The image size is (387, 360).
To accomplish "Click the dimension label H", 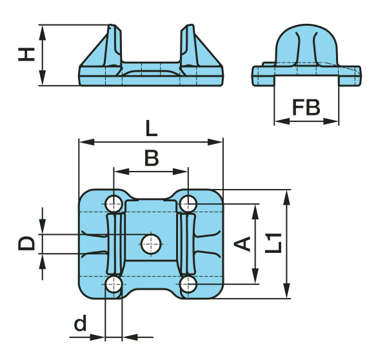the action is pyautogui.click(x=26, y=54).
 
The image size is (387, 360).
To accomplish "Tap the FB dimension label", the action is pyautogui.click(x=306, y=107).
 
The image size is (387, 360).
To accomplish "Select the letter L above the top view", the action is pyautogui.click(x=152, y=128).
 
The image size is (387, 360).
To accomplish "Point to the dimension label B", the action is pyautogui.click(x=152, y=158).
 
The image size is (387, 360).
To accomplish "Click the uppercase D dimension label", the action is pyautogui.click(x=26, y=243).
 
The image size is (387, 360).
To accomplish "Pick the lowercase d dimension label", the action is pyautogui.click(x=81, y=323).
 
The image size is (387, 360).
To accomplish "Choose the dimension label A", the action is pyautogui.click(x=242, y=244).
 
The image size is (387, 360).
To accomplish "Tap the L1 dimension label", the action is pyautogui.click(x=273, y=243).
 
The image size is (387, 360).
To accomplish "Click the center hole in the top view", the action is pyautogui.click(x=151, y=245).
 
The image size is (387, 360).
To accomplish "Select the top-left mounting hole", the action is pyautogui.click(x=114, y=204).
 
